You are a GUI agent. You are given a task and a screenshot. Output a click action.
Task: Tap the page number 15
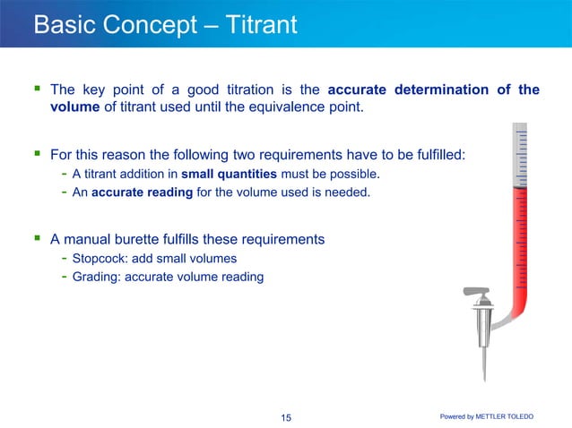tap(287, 417)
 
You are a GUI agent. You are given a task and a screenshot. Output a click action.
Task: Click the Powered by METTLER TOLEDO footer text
tap(499, 417)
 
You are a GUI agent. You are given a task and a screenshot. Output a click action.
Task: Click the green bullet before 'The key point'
tap(37, 90)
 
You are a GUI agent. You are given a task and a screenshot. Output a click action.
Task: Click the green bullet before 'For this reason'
tap(37, 154)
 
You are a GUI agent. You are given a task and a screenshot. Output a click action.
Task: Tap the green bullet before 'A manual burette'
tap(37, 239)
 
